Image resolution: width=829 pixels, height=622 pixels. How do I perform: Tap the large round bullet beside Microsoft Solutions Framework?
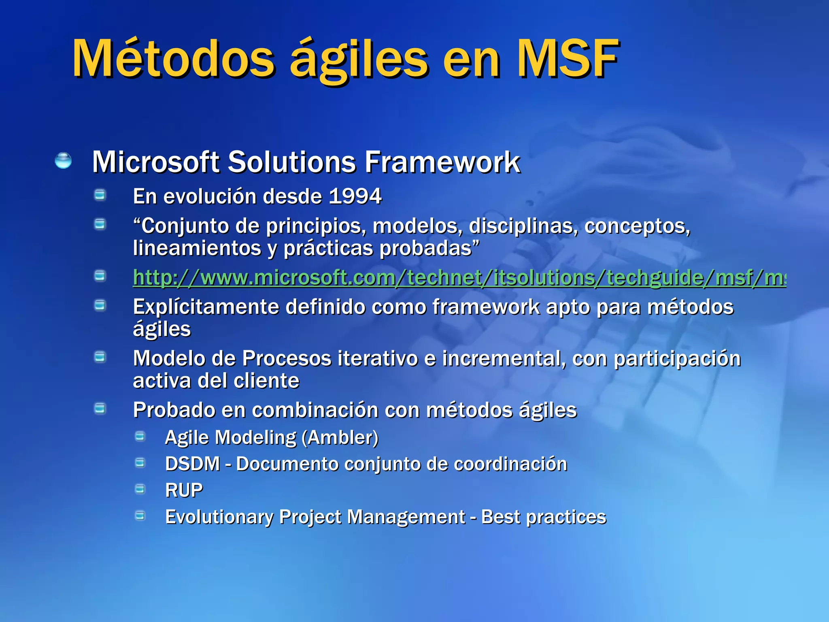[x=63, y=160]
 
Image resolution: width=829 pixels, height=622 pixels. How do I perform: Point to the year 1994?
[x=355, y=196]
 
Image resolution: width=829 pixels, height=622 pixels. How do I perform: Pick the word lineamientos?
[x=197, y=248]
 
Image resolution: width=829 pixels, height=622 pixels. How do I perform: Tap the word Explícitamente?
[x=206, y=307]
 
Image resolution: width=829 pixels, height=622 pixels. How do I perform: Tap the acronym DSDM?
[x=192, y=464]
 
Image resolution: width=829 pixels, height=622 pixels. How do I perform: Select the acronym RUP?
[x=184, y=490]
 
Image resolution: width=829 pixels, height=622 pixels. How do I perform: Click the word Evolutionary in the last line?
[x=219, y=517]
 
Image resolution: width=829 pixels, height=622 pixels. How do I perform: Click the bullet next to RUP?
[x=140, y=489]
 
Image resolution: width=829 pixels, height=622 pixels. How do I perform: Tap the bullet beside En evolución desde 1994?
[x=100, y=196]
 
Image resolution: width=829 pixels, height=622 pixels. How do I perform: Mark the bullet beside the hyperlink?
[x=100, y=276]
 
